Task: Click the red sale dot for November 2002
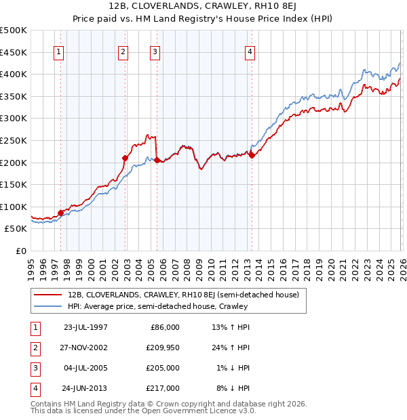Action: [x=125, y=158]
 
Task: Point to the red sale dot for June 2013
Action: [x=252, y=155]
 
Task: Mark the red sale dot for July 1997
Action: [x=61, y=213]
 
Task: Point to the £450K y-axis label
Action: [x=14, y=52]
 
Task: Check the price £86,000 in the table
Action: [x=165, y=327]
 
